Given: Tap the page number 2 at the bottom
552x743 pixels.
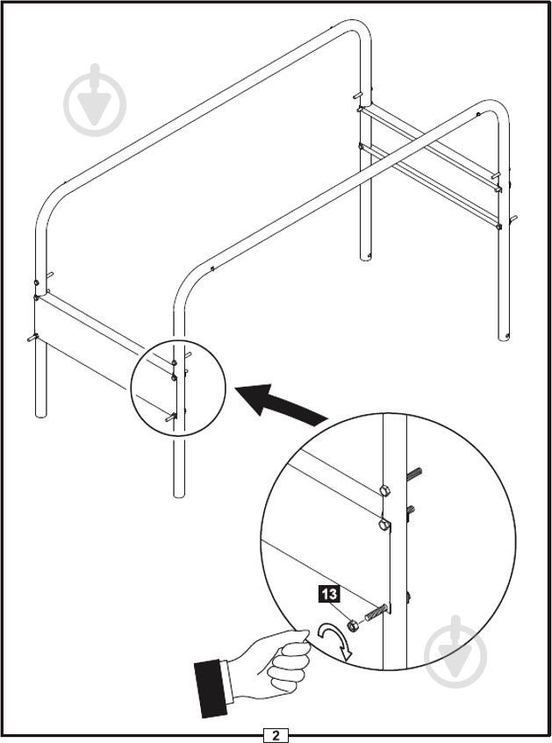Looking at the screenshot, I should pyautogui.click(x=276, y=734).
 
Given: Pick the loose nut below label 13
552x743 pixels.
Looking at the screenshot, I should pyautogui.click(x=353, y=625).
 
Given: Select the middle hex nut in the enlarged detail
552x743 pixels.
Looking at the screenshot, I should pyautogui.click(x=384, y=525).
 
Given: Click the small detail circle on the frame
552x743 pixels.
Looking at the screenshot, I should pyautogui.click(x=178, y=385).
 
